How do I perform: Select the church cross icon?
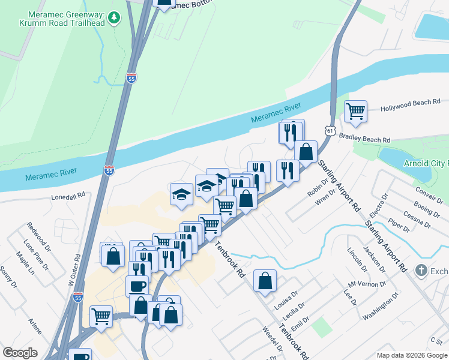(421, 271)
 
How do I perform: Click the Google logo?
(19, 353)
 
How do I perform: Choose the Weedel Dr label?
(273, 339)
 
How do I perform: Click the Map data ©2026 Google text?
(411, 355)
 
